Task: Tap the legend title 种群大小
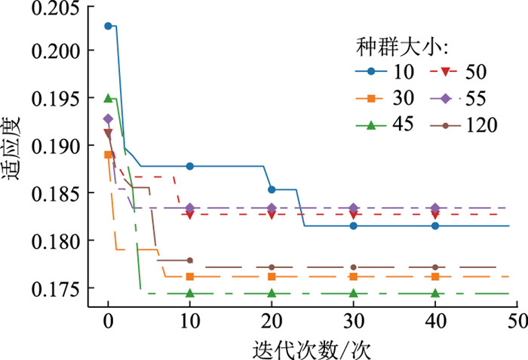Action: (402, 47)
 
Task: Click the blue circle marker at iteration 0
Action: (108, 26)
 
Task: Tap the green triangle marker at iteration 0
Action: (108, 98)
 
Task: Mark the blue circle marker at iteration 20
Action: (272, 189)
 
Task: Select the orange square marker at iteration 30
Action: (353, 276)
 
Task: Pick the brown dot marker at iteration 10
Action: (190, 260)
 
